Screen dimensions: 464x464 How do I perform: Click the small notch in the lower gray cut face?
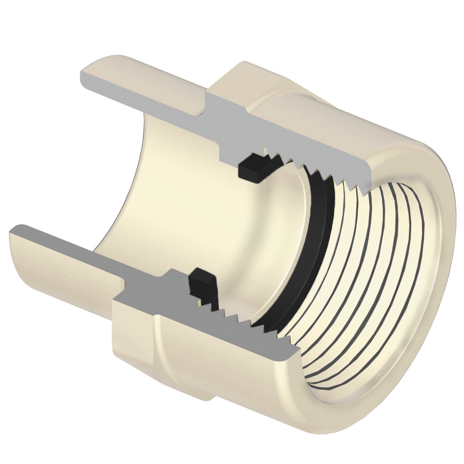pos(124,283)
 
